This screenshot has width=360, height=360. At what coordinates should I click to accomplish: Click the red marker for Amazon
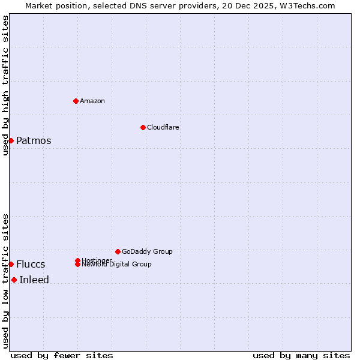coord(76,101)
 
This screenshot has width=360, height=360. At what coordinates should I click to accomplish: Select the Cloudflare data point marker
coord(143,127)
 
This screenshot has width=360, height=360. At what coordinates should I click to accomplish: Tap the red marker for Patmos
coord(11,140)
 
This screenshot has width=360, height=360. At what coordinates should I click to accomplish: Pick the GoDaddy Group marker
coord(118,251)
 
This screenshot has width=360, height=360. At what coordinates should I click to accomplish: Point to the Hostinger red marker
coord(77,260)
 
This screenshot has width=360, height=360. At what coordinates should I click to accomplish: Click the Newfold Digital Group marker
coord(77,264)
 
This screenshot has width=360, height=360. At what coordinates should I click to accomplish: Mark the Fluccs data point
coord(11,264)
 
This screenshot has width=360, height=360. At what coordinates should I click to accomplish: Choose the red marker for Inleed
coord(14,280)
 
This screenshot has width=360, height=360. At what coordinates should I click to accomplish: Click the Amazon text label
coord(92,101)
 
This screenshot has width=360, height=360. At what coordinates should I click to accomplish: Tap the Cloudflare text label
coord(163,127)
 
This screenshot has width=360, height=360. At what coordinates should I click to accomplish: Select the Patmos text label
coord(34,141)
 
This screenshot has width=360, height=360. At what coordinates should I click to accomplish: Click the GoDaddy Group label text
coord(147,251)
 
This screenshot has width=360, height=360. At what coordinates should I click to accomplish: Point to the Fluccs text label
coord(31,265)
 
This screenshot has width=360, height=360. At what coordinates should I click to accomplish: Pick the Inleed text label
coord(34,280)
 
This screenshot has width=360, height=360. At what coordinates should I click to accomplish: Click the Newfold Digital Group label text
coord(116,265)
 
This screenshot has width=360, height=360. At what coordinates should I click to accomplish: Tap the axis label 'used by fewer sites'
coord(62,355)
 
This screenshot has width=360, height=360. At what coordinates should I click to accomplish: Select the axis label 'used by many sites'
coord(301,355)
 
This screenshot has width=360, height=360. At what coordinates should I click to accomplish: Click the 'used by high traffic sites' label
coord(5,85)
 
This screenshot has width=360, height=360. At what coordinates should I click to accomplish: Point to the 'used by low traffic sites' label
coord(5,280)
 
